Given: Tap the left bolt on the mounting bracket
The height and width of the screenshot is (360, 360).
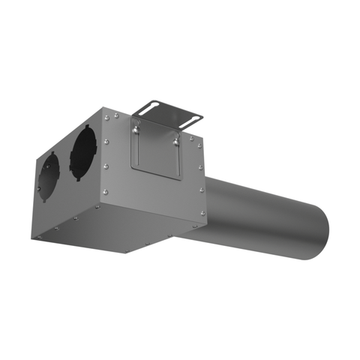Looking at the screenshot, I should (x=137, y=126).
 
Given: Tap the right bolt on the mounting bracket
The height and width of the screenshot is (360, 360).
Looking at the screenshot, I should (x=177, y=140).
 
